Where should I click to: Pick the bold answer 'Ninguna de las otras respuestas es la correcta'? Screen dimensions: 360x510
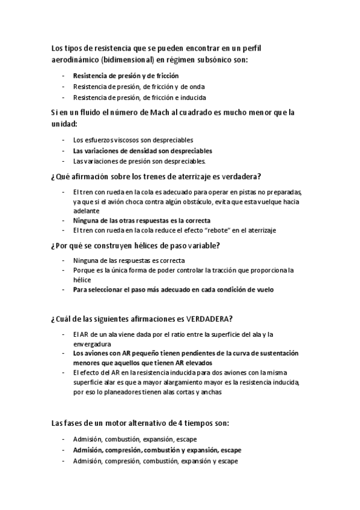(x=136, y=221)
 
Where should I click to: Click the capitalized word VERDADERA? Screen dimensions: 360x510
(x=206, y=318)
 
